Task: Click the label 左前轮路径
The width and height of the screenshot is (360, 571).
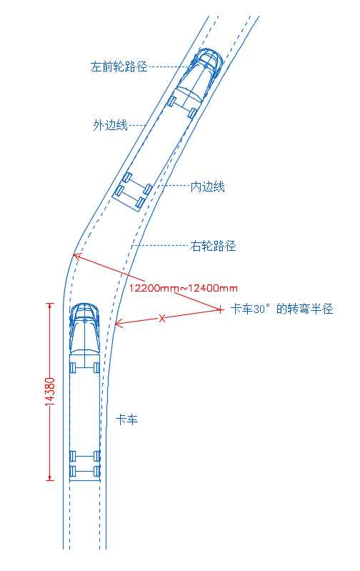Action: [x=119, y=66]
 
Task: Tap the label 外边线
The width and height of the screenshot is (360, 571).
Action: [x=110, y=125]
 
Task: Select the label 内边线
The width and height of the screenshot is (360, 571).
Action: [x=207, y=187]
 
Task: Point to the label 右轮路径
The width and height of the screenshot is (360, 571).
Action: [x=213, y=246]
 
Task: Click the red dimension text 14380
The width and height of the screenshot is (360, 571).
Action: [x=50, y=392]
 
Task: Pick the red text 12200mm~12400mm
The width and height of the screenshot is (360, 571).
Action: [x=184, y=289]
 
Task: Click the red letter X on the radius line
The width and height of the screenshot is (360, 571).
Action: [x=162, y=319]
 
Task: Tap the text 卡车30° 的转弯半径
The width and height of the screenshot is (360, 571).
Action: [x=281, y=309]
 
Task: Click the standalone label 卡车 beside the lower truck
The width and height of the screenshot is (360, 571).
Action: [x=126, y=420]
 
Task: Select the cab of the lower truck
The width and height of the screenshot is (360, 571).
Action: [x=84, y=329]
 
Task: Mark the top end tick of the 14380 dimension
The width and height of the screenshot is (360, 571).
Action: [x=50, y=303]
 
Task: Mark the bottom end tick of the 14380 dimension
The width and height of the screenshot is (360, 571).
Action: [x=50, y=480]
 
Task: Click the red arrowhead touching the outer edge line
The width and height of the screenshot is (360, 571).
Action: [x=77, y=257]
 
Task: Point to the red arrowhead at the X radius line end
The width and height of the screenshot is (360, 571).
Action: [x=119, y=323]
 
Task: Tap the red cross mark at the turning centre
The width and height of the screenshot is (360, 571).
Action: [x=220, y=309]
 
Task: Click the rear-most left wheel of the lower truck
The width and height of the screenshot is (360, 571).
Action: [x=73, y=471]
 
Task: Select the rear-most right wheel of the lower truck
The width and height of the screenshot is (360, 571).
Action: [x=97, y=471]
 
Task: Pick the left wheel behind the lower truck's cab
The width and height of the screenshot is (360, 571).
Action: [x=73, y=367]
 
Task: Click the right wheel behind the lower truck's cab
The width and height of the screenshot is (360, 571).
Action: [x=96, y=367]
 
